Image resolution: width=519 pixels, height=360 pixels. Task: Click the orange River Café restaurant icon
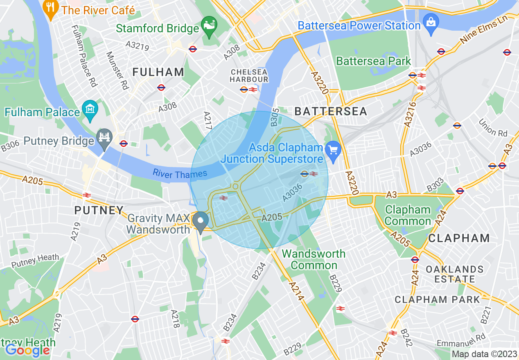pyautogui.click(x=50, y=9)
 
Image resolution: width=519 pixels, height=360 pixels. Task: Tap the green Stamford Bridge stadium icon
pyautogui.click(x=209, y=27)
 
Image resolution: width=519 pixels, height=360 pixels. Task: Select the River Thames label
pyautogui.click(x=180, y=174)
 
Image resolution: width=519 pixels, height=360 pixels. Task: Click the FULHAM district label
pyautogui.click(x=158, y=72)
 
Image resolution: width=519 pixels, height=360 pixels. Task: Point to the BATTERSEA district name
pyautogui.click(x=331, y=111)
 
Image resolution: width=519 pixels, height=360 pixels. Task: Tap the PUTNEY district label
pyautogui.click(x=99, y=210)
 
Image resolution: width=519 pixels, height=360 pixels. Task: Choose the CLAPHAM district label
pyautogui.click(x=459, y=238)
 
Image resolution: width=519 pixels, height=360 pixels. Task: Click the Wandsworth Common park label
pyautogui.click(x=314, y=259)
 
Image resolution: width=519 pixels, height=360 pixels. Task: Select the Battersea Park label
pyautogui.click(x=373, y=61)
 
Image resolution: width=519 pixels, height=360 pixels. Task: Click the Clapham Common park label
pyautogui.click(x=408, y=216)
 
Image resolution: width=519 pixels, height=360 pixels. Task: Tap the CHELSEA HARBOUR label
pyautogui.click(x=249, y=75)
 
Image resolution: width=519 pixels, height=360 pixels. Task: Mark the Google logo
pyautogui.click(x=27, y=350)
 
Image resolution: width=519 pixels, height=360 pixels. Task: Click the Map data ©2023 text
pyautogui.click(x=484, y=354)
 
